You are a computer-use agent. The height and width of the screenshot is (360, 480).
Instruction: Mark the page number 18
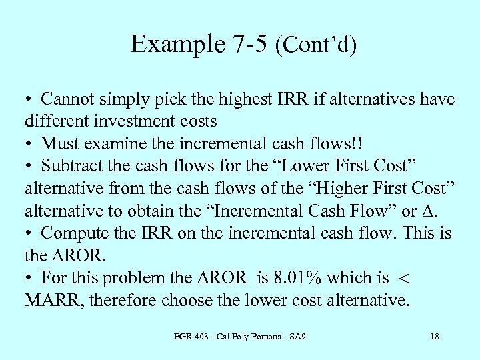click(434, 336)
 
